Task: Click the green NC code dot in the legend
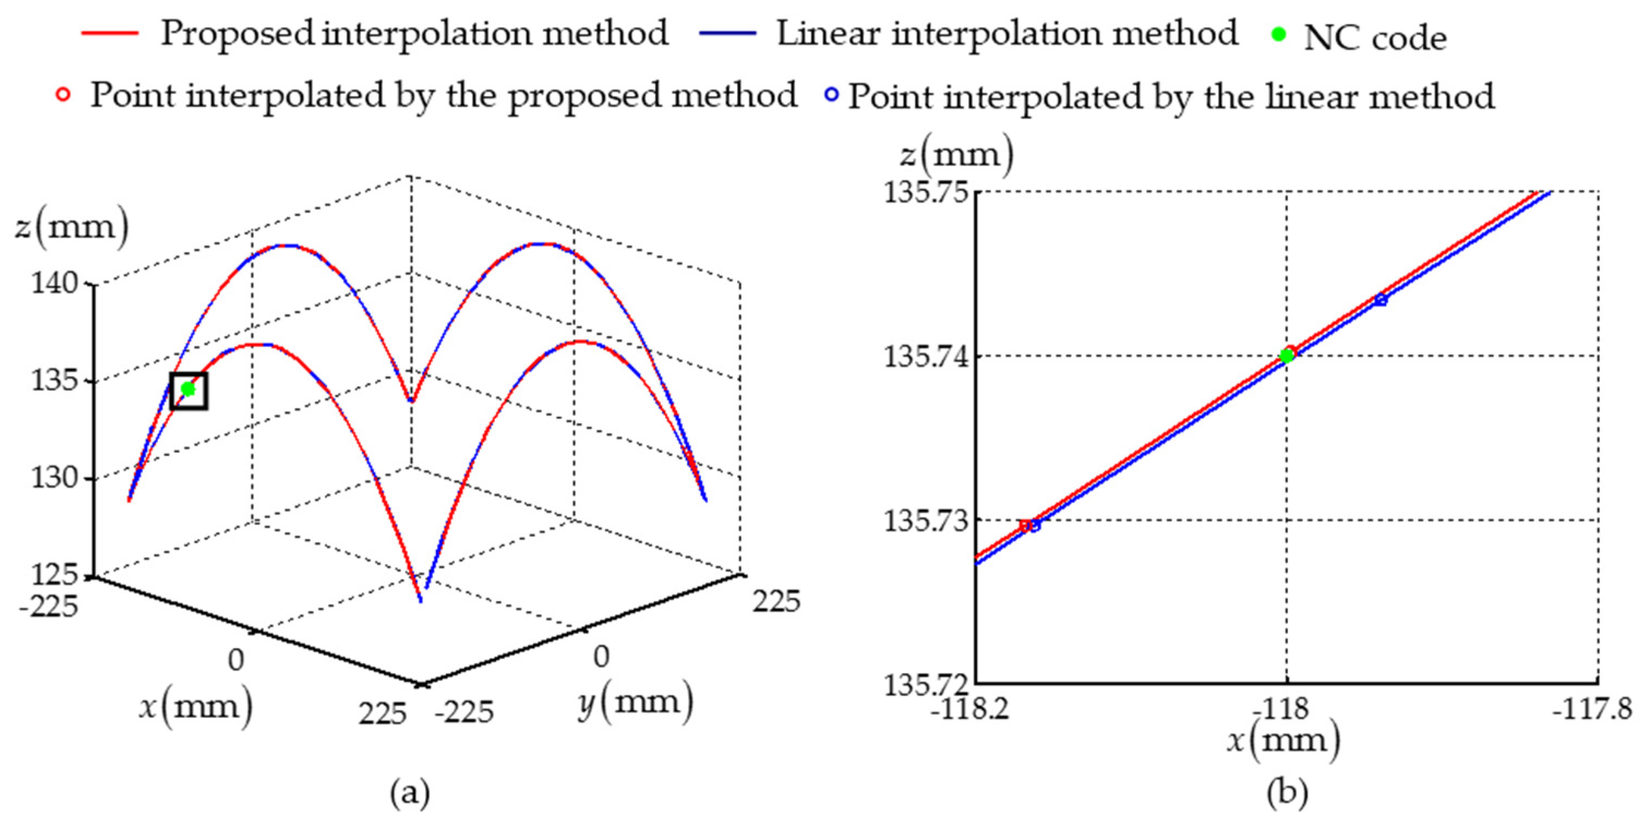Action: [1279, 35]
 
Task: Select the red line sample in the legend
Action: [110, 33]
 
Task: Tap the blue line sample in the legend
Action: [728, 33]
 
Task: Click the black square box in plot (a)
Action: [189, 390]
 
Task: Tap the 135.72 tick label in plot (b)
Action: [926, 684]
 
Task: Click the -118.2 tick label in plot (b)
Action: [970, 709]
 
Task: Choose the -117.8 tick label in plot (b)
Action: [1592, 709]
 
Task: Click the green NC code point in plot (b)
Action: [1287, 355]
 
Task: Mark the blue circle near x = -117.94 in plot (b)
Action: [1380, 299]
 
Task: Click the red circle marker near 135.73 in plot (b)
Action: [1025, 525]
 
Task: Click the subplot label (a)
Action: [409, 793]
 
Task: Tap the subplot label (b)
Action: [1287, 793]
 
